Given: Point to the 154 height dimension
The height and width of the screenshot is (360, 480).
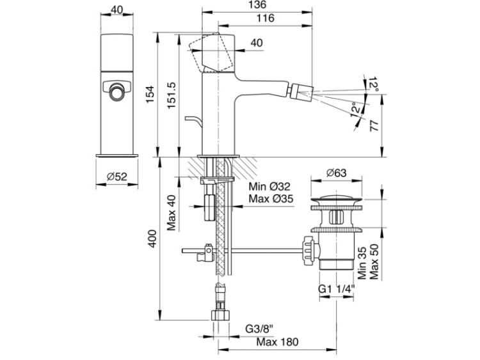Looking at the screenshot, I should pos(150,93).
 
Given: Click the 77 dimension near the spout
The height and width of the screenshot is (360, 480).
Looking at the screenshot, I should pos(376,127).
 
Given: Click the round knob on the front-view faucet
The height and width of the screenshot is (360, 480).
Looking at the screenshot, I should pos(116,91).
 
